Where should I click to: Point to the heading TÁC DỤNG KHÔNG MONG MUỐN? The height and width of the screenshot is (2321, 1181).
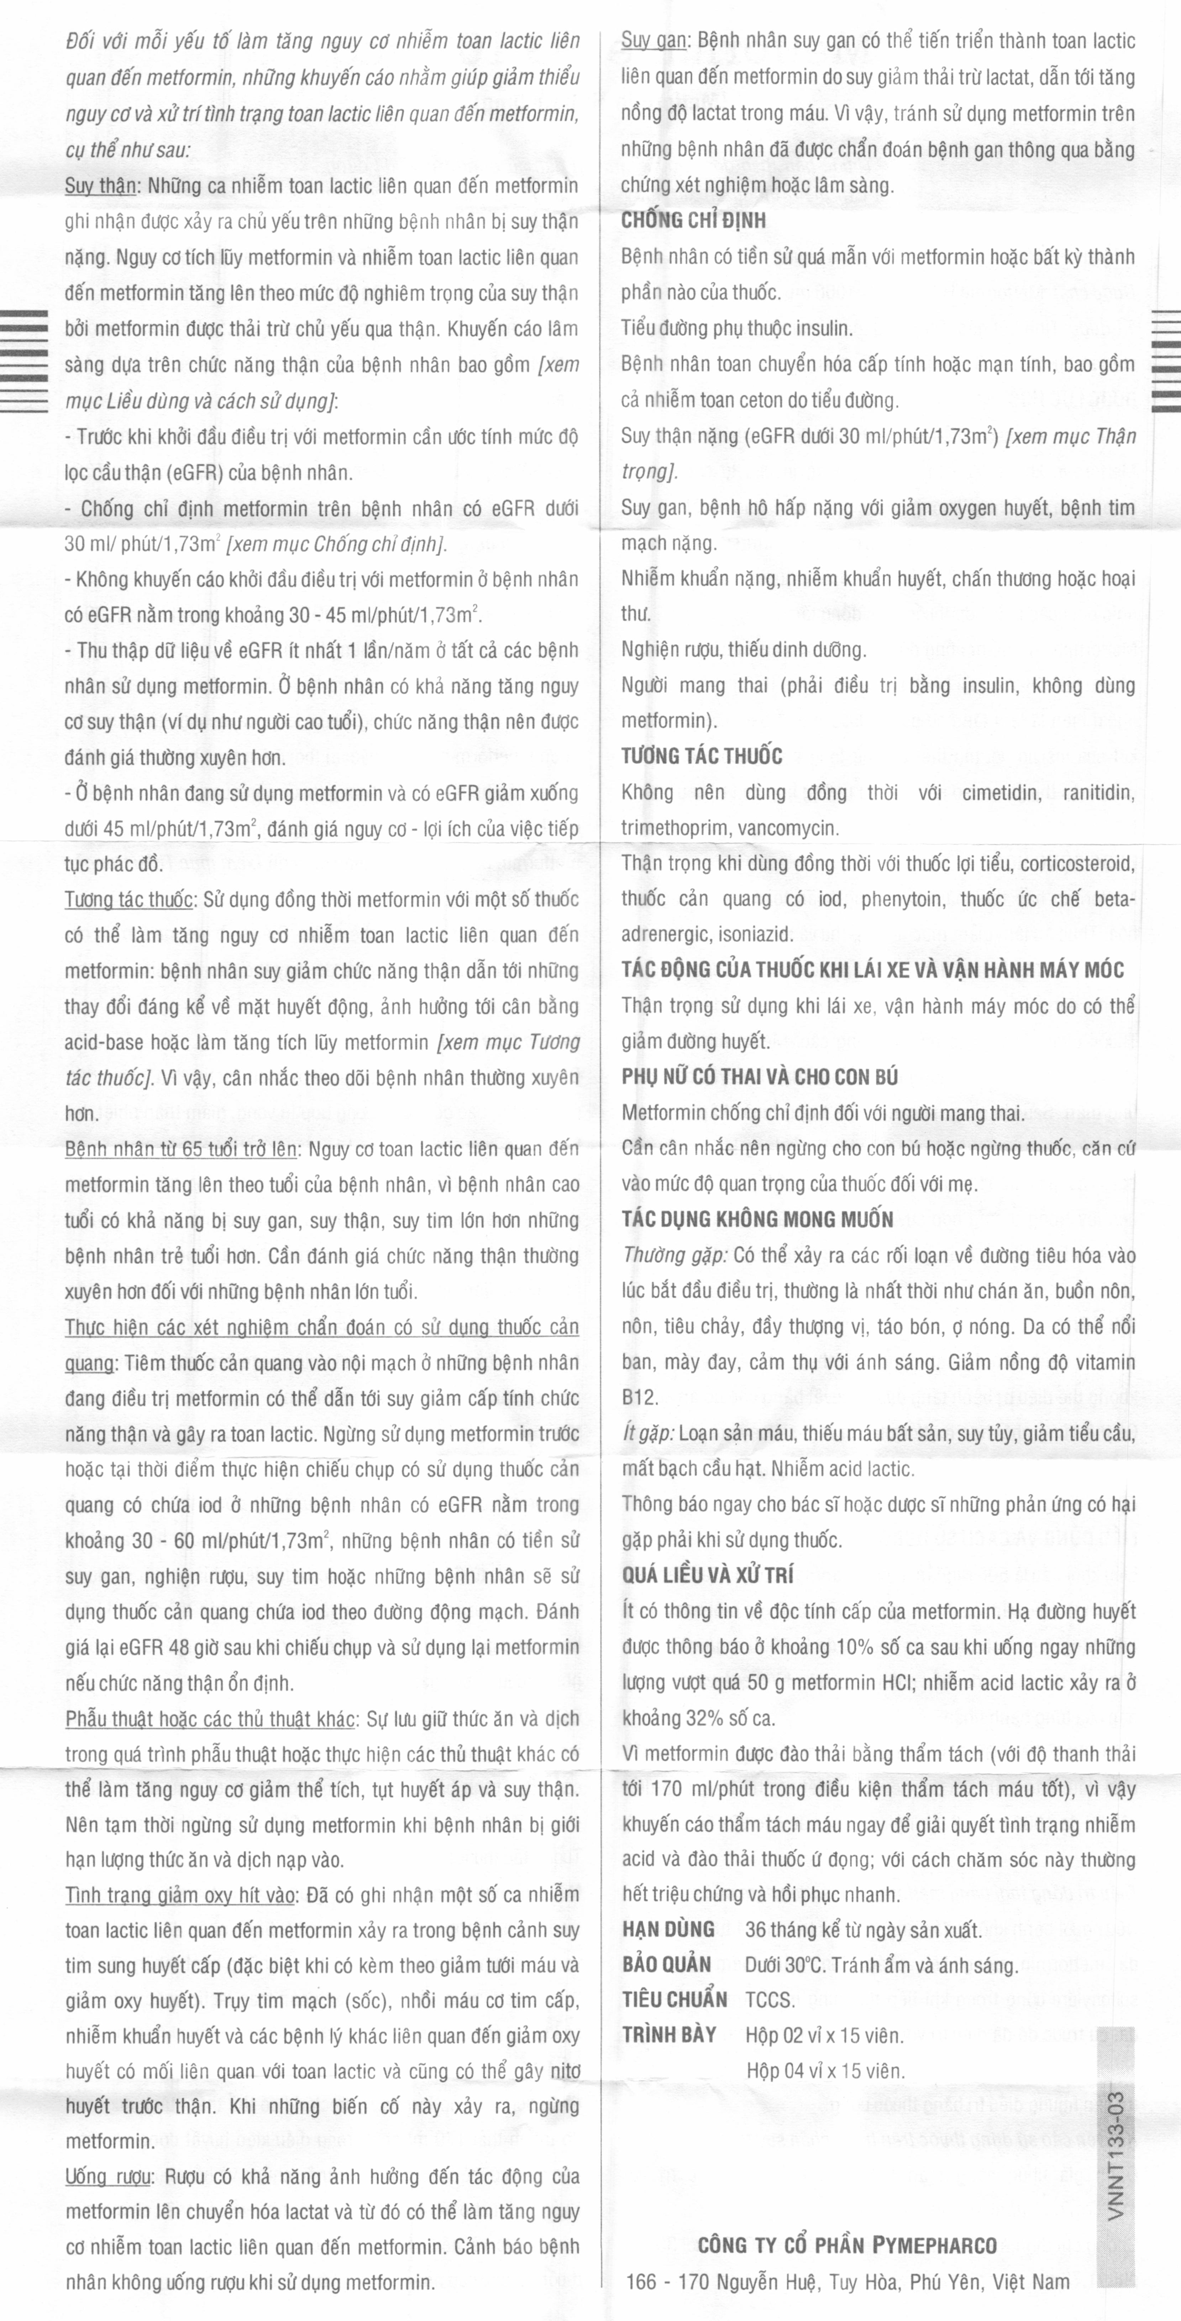tap(757, 1220)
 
